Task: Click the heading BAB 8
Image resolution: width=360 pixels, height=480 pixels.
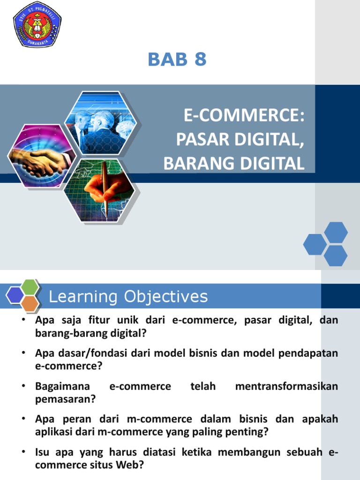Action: click(x=177, y=60)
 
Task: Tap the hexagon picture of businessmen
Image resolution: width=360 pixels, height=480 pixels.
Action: click(x=100, y=123)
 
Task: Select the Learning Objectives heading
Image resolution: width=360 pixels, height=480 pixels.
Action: click(x=128, y=297)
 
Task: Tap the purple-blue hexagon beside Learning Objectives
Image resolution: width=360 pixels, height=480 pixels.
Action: click(x=15, y=295)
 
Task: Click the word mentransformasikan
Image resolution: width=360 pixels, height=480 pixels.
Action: click(x=286, y=387)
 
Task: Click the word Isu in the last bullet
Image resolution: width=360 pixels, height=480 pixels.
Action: click(x=43, y=453)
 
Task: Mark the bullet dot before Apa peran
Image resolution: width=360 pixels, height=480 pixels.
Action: click(x=23, y=419)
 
